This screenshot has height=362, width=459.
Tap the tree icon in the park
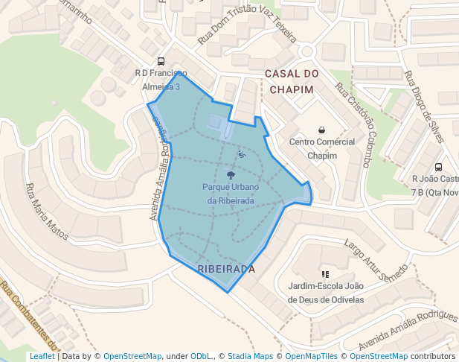(x=231, y=174)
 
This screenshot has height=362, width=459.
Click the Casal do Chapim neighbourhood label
(x=292, y=81)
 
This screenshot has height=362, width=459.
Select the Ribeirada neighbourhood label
(x=227, y=269)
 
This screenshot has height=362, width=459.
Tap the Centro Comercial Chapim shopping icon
(x=321, y=130)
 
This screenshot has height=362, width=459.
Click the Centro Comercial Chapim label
(x=322, y=149)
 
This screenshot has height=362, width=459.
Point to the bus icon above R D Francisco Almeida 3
(x=161, y=62)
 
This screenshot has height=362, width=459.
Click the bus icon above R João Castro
(x=438, y=168)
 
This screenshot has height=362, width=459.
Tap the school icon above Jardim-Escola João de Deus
(x=325, y=274)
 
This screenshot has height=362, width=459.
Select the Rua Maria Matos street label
(x=47, y=212)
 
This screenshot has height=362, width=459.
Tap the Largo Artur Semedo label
(x=375, y=261)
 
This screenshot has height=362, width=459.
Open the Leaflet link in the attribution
(x=42, y=357)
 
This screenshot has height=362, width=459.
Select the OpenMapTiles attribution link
(x=309, y=357)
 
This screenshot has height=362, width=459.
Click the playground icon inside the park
(x=241, y=155)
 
